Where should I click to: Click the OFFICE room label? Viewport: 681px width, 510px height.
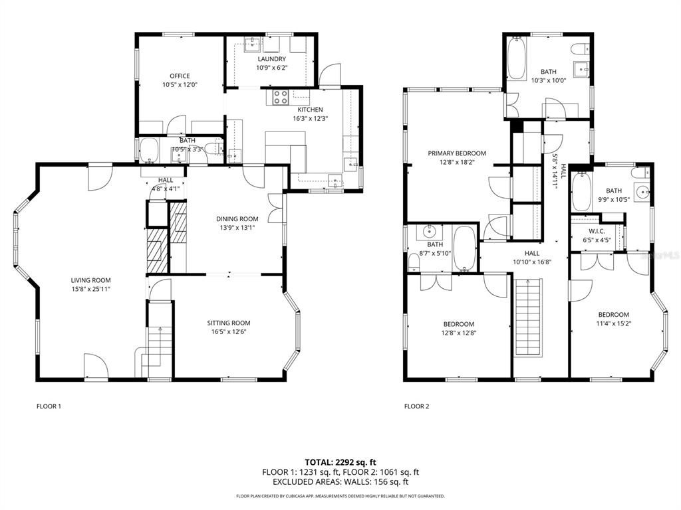[x=180, y=76]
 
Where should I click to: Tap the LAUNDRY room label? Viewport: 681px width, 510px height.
[x=271, y=59]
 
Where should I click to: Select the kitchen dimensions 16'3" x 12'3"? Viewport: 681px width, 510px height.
[x=310, y=118]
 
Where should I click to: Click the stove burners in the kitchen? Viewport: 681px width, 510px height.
[x=279, y=98]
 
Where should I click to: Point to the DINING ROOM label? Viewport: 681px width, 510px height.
[x=237, y=218]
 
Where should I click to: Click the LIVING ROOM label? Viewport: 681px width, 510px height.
[x=91, y=280]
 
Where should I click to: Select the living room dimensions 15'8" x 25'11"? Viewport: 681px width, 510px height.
[x=91, y=289]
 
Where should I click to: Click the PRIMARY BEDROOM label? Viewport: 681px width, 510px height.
[x=457, y=153]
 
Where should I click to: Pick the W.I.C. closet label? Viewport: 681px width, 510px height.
[x=596, y=231]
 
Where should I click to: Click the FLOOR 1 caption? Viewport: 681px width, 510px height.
[x=49, y=406]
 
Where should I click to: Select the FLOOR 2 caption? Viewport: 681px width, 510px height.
[x=417, y=406]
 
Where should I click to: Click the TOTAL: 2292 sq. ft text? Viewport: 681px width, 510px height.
[x=340, y=462]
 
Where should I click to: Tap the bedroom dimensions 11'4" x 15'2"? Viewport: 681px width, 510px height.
[x=614, y=324]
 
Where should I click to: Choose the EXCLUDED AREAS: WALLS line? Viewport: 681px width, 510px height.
[x=340, y=482]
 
